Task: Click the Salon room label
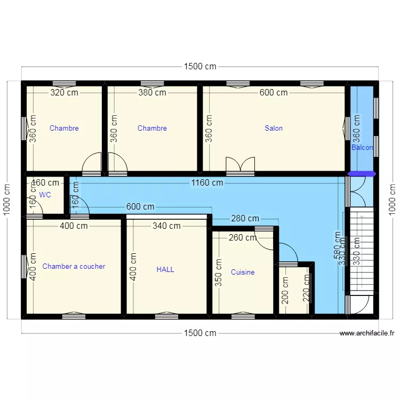click(x=274, y=128)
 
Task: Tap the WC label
click(x=45, y=195)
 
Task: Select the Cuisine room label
click(x=243, y=272)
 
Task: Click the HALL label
click(x=165, y=269)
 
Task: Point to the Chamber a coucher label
click(x=74, y=266)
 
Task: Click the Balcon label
click(x=362, y=147)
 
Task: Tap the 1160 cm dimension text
click(x=207, y=183)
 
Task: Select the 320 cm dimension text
click(x=64, y=92)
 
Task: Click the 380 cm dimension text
click(x=152, y=92)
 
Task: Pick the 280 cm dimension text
click(x=245, y=218)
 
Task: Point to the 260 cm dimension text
click(x=242, y=238)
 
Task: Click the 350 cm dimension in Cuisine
click(x=218, y=274)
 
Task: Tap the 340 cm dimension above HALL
click(x=166, y=226)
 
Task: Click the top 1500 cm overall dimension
click(x=200, y=67)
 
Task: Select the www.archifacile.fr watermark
click(x=367, y=333)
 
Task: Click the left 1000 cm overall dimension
click(x=7, y=200)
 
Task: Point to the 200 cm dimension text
click(x=285, y=291)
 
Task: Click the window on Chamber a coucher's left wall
click(x=24, y=266)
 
